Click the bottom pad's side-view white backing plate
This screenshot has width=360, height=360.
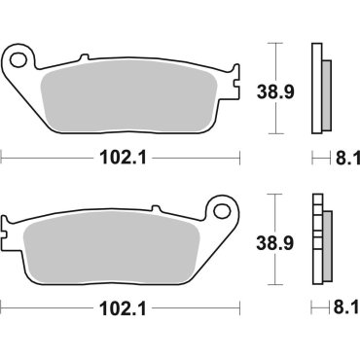tap(315, 238)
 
